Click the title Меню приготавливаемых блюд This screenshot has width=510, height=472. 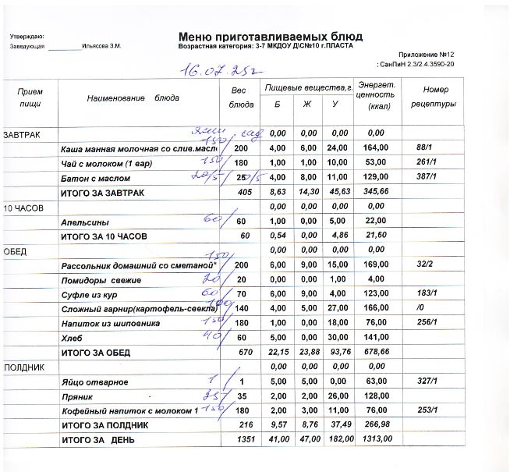tap(270, 36)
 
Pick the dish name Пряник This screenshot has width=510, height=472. tap(78, 397)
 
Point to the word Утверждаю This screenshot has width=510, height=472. tap(27, 37)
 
